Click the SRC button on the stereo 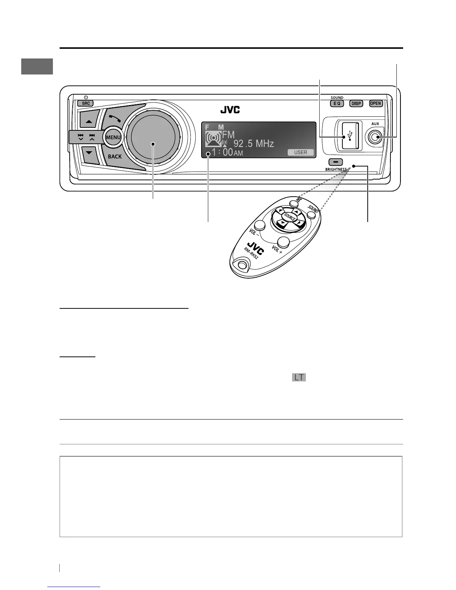(86, 104)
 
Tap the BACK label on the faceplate (115, 156)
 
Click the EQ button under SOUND (337, 104)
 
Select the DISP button (356, 104)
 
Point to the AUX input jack (375, 137)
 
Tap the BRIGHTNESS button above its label (336, 162)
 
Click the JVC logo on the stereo (230, 110)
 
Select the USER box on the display (301, 152)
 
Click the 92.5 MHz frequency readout (253, 143)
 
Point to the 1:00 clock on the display (222, 152)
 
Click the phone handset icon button (115, 118)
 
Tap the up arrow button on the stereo (89, 121)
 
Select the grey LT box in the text (299, 377)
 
